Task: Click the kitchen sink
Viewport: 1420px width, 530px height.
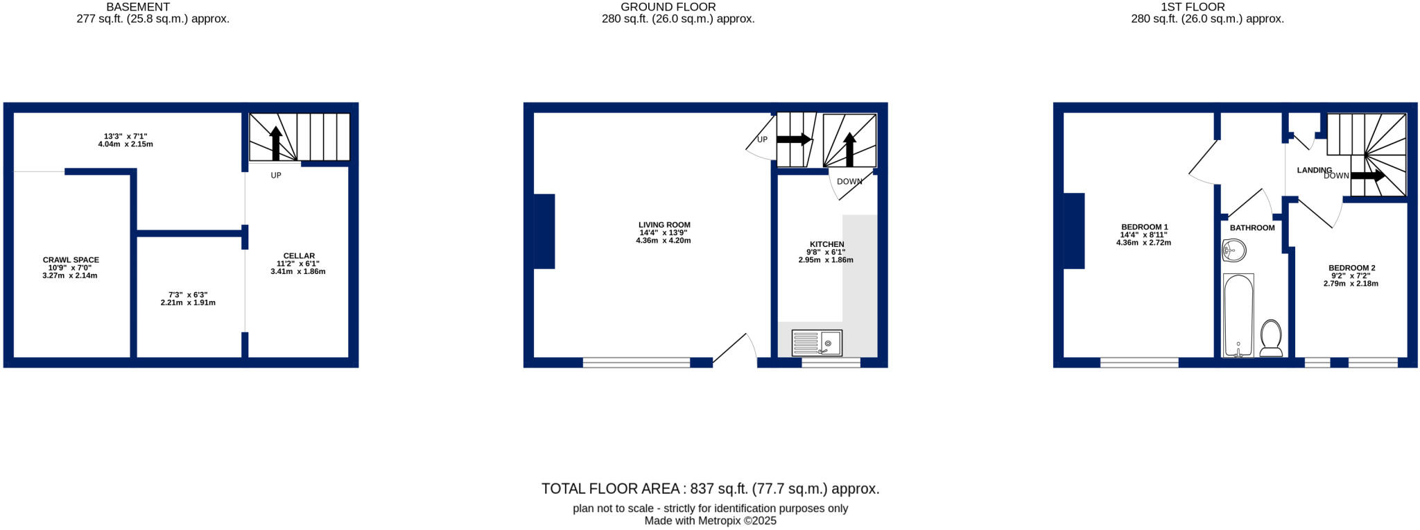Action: tap(817, 343)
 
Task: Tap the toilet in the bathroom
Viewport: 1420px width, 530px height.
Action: tap(1271, 338)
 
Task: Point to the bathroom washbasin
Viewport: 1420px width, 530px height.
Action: tap(1233, 250)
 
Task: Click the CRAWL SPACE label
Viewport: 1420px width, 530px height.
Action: tap(71, 260)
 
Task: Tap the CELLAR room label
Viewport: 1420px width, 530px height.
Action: tap(299, 256)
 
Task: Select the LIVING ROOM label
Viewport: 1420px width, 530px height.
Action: tap(664, 225)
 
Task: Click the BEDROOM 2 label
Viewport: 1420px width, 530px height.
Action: tap(1351, 268)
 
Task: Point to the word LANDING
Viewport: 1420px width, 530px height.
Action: tap(1314, 170)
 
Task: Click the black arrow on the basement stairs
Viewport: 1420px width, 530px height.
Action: tap(276, 142)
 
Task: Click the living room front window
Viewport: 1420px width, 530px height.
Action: tap(637, 362)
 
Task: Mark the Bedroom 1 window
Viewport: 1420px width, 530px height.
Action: tap(1139, 362)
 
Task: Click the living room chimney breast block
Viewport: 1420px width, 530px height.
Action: tap(544, 231)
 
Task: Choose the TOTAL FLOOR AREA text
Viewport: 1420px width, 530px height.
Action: tap(710, 489)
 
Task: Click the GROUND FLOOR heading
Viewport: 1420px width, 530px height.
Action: tap(668, 7)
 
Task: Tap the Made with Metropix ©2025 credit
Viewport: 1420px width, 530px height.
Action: tap(710, 521)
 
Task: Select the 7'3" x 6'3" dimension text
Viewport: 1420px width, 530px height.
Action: tap(188, 295)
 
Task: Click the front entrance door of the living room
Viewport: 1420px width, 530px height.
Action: tap(734, 349)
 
